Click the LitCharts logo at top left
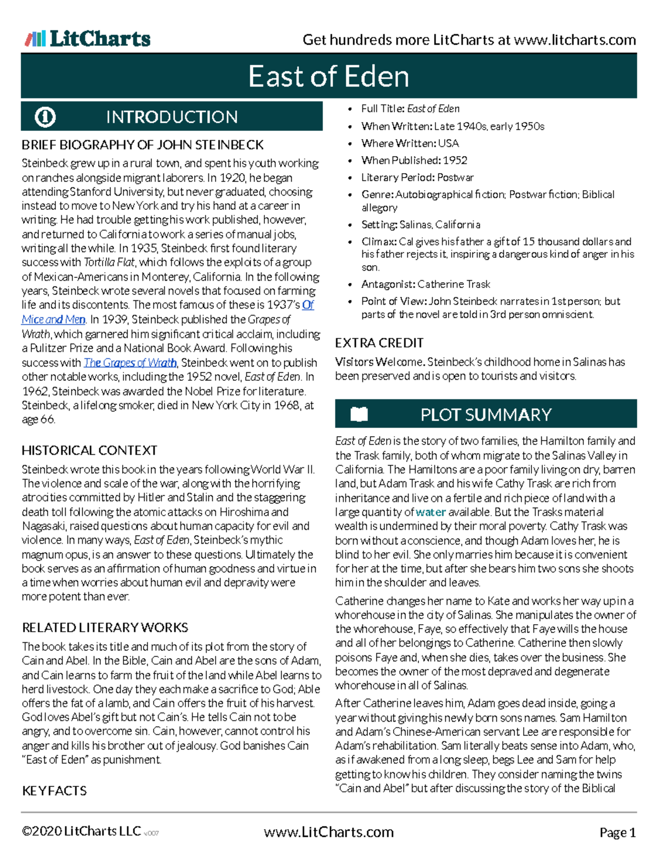click(88, 39)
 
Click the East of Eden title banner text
click(328, 76)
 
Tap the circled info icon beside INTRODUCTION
click(45, 117)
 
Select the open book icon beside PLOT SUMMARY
click(359, 414)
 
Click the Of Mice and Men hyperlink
click(53, 319)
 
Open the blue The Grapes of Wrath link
click(130, 363)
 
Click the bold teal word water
click(430, 512)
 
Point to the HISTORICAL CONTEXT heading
click(89, 450)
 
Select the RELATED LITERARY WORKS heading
click(105, 627)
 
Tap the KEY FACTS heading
click(54, 791)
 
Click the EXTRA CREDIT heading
click(379, 343)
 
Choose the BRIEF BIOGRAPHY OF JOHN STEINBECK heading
click(143, 145)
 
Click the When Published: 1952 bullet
click(414, 161)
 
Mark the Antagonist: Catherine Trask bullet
click(426, 284)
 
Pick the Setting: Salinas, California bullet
click(421, 225)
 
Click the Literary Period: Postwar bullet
click(417, 178)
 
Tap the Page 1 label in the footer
click(617, 833)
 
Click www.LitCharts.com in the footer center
click(328, 832)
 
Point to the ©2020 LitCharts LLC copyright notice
click(81, 832)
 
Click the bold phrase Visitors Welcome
click(379, 362)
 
